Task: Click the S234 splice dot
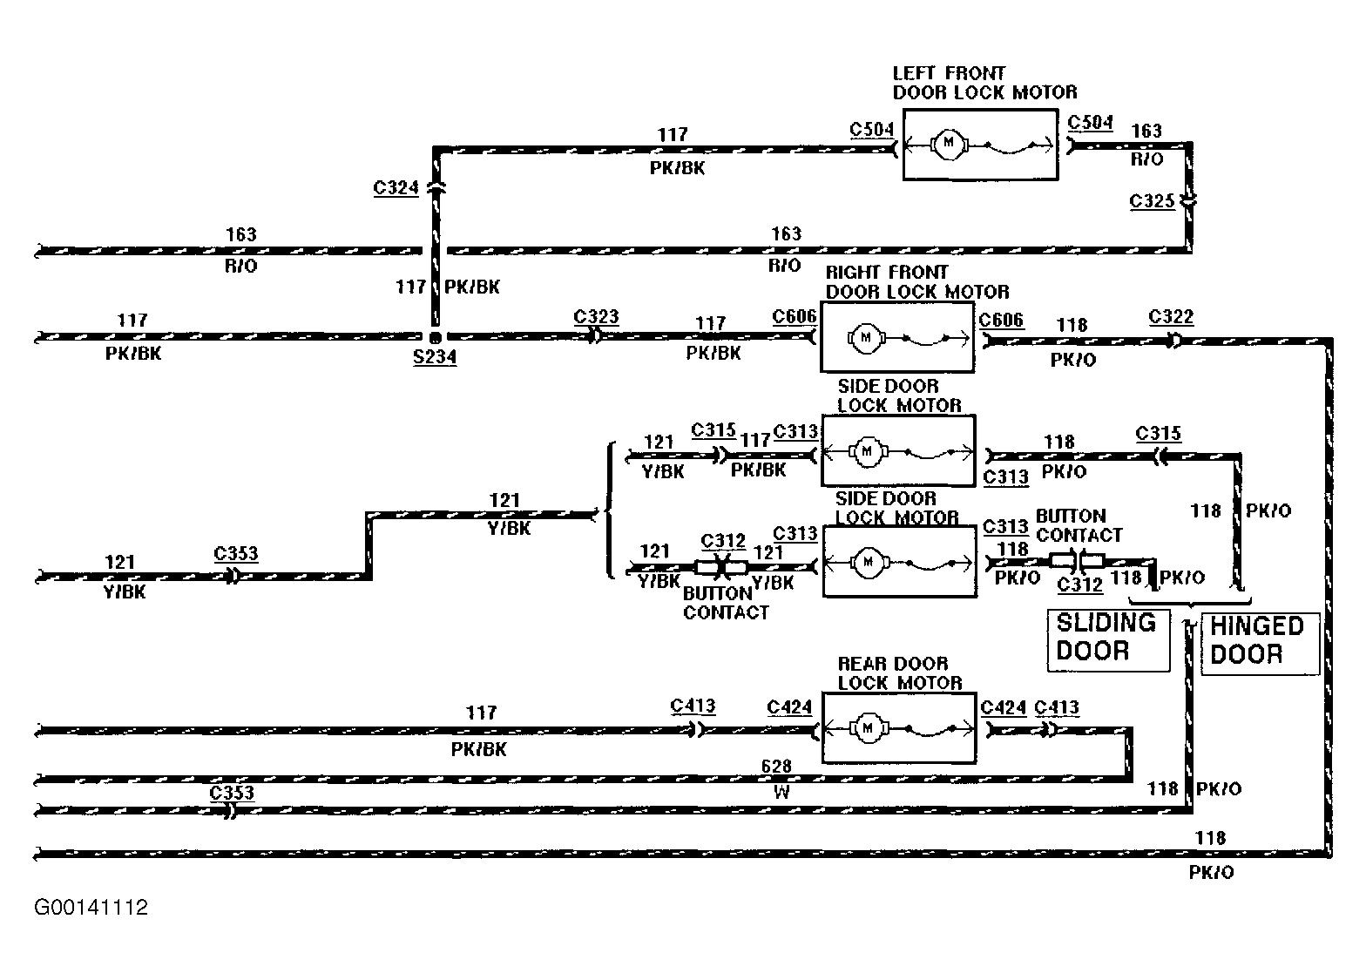[435, 337]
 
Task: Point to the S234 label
[434, 357]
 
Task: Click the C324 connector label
[396, 188]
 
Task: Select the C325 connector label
[1152, 201]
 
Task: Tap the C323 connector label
[596, 316]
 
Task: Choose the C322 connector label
[1171, 316]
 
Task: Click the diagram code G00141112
[91, 908]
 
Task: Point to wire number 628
[776, 766]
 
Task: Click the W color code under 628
[781, 792]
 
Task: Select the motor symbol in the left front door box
[948, 144]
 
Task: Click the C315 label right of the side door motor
[1158, 434]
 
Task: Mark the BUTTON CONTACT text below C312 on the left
[726, 603]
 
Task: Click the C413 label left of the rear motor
[692, 706]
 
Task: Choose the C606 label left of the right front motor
[794, 316]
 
